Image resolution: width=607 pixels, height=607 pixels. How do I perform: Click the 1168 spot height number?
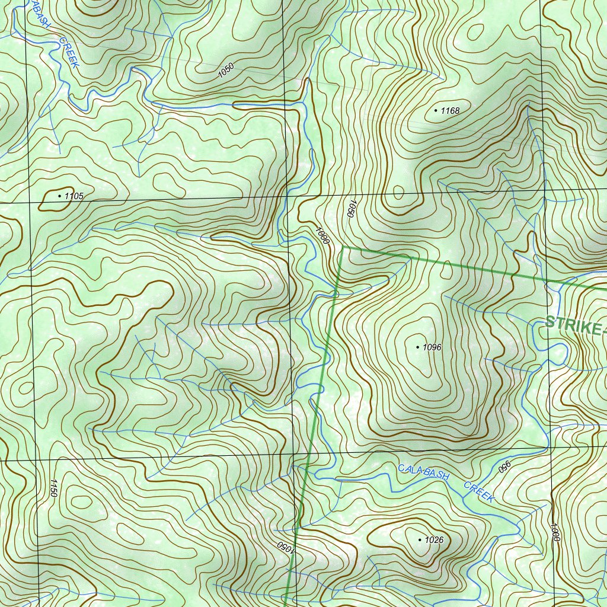(x=450, y=110)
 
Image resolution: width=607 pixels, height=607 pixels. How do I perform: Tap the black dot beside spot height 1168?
(x=436, y=110)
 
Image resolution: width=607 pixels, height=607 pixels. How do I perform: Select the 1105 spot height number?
(x=74, y=196)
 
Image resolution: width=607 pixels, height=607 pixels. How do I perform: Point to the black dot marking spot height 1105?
(x=59, y=195)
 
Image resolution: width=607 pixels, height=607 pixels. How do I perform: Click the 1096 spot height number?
(x=432, y=347)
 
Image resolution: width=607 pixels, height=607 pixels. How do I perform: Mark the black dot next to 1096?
(x=418, y=347)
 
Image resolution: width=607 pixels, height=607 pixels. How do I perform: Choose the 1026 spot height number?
(x=435, y=540)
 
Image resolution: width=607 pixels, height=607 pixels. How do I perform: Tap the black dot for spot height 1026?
(x=420, y=540)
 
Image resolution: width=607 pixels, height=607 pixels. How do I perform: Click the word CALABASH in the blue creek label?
(x=424, y=472)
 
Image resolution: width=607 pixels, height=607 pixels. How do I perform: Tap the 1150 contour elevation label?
(x=53, y=488)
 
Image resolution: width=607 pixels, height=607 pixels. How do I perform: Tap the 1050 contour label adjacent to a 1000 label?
(x=351, y=209)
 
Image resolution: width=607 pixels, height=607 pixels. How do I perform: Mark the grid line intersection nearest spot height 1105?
(x=28, y=203)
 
